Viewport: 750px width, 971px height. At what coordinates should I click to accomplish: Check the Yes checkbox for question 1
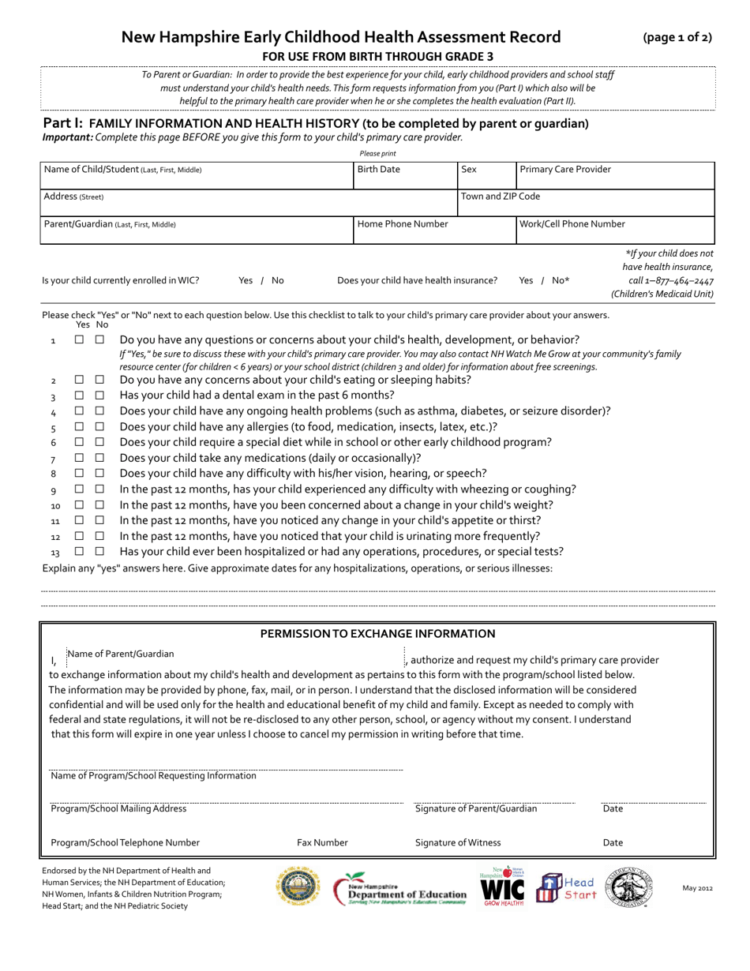click(79, 340)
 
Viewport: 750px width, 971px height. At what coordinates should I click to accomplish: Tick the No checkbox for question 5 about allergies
click(99, 427)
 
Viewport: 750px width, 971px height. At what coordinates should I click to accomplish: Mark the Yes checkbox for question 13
click(79, 552)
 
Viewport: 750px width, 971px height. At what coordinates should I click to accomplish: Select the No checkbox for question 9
click(99, 489)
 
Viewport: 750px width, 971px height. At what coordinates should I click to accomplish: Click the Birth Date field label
click(379, 170)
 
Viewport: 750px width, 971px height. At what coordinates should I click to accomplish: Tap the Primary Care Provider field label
click(565, 170)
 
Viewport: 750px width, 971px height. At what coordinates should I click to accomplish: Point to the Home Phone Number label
click(403, 224)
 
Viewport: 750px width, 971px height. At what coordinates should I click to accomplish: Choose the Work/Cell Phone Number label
click(572, 224)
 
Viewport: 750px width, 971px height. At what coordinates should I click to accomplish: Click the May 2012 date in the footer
click(697, 888)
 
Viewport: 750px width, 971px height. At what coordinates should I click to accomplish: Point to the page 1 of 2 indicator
click(677, 37)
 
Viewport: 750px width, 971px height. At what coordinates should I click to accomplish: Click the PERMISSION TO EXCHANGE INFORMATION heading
click(377, 634)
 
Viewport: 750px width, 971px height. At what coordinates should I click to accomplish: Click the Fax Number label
click(322, 843)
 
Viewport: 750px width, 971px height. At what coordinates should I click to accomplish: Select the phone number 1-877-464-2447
click(670, 281)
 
